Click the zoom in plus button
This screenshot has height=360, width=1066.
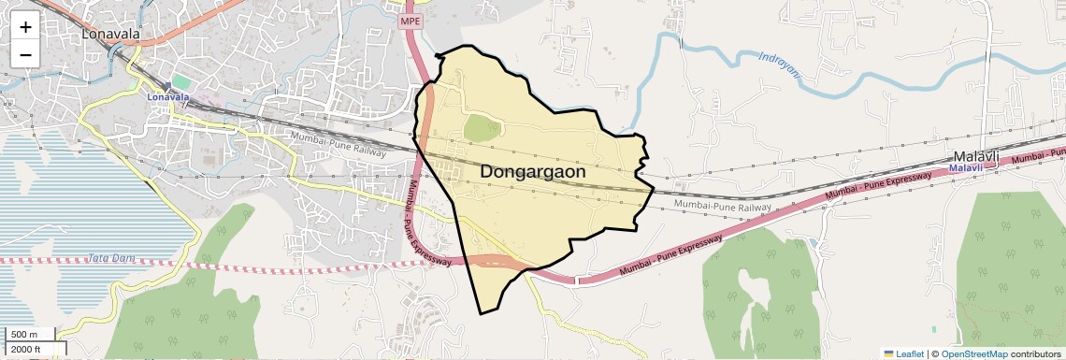[x=25, y=27]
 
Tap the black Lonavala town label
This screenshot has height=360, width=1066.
[x=110, y=35]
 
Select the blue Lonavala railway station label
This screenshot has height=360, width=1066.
[x=168, y=97]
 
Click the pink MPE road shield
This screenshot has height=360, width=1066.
[x=411, y=21]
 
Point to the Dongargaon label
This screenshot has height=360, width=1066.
[x=534, y=172]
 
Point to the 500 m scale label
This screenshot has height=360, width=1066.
[x=25, y=335]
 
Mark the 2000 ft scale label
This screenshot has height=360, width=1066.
[x=26, y=349]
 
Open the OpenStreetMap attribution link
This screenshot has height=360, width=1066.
[x=973, y=353]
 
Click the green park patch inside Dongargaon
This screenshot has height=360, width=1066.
[x=483, y=128]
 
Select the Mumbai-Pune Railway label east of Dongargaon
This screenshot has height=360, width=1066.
[x=723, y=205]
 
